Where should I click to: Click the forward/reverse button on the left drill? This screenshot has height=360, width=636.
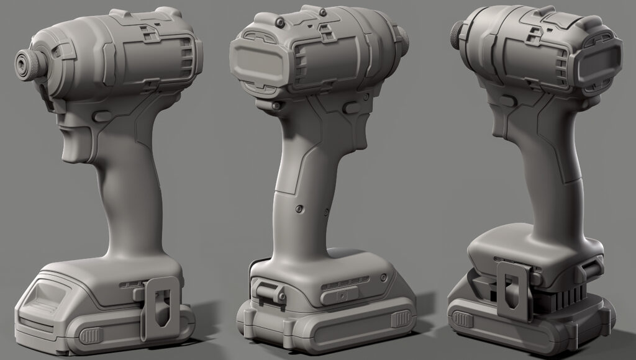[101, 115]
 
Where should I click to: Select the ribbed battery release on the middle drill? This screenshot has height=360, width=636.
[399, 319]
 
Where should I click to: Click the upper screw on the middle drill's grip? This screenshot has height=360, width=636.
[300, 209]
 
